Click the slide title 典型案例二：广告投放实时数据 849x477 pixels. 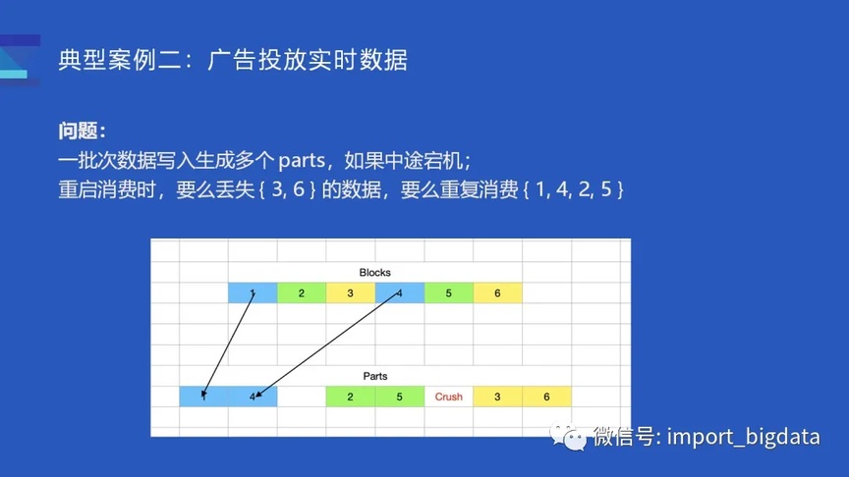coord(233,60)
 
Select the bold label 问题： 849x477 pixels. coord(83,131)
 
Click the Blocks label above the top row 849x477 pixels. coord(374,272)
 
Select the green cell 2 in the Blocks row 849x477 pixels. coord(302,293)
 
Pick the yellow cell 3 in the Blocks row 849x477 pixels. coord(351,293)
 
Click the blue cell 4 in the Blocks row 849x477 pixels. coord(400,293)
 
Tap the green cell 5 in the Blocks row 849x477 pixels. coord(449,293)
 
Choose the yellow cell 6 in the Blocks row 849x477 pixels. coord(497,293)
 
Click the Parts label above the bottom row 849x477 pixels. coord(374,376)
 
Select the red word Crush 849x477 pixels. coord(448,397)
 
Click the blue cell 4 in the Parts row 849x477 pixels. coord(253,397)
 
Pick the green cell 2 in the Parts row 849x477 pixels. coord(351,397)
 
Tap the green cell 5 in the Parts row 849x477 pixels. coord(400,397)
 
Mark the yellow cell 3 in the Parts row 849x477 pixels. coord(497,397)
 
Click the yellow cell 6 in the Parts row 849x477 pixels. coord(546,397)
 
